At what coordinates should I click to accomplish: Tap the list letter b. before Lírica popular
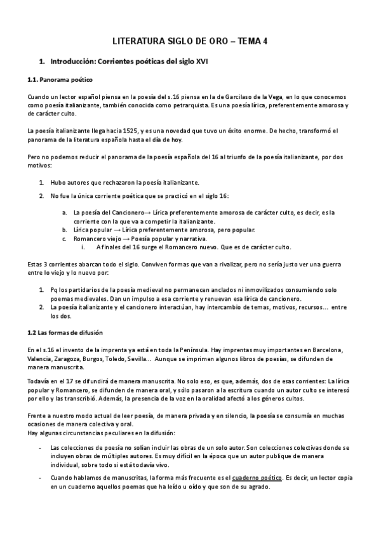[x=64, y=229]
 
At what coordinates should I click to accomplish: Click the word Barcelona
[x=326, y=350]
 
